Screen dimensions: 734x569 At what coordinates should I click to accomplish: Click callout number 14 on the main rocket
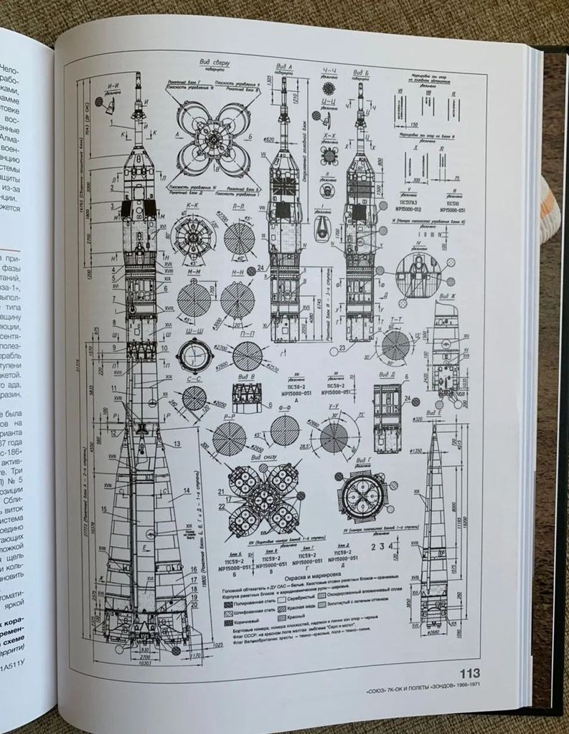coord(187,492)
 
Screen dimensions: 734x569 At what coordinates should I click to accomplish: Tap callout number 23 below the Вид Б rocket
coord(343,348)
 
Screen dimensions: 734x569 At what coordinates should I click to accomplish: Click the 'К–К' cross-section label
coord(192,204)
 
